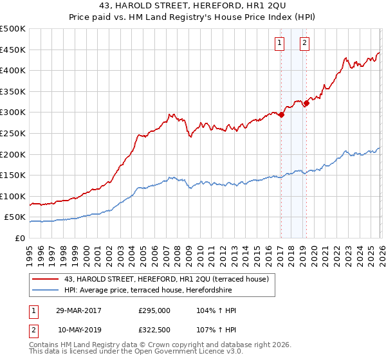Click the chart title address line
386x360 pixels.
click(x=193, y=6)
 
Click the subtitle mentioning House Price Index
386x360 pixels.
click(x=193, y=17)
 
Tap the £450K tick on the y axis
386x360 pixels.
click(x=13, y=50)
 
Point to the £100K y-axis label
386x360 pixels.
click(x=13, y=196)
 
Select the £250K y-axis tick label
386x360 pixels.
click(x=13, y=133)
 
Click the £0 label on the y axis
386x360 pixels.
click(x=19, y=238)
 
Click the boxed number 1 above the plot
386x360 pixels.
click(x=280, y=44)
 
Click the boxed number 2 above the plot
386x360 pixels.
click(x=304, y=44)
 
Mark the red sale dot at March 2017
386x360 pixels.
click(x=282, y=115)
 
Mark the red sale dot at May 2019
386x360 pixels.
click(x=306, y=103)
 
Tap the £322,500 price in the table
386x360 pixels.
click(x=154, y=330)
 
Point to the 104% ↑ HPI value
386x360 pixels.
click(x=217, y=310)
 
